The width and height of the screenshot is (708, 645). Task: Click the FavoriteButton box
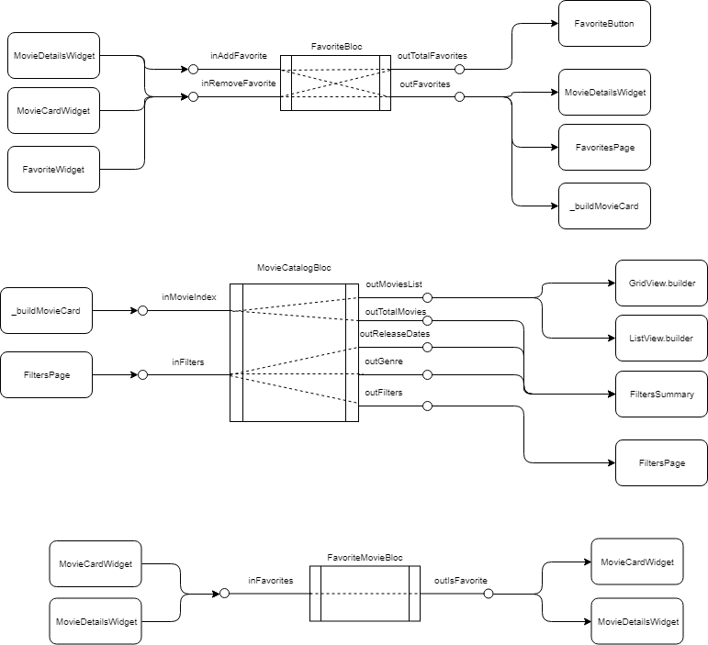603,24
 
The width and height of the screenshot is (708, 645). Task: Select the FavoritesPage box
603,147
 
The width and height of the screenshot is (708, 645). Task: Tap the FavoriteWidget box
53,169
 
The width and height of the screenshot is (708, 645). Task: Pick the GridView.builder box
661,284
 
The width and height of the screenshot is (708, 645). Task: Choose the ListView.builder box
661,339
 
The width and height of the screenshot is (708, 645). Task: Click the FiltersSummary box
661,395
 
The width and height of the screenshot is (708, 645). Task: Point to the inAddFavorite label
238,57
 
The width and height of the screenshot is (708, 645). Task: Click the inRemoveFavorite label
238,84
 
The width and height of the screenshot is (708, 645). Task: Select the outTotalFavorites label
432,57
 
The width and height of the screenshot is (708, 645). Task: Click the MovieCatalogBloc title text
294,268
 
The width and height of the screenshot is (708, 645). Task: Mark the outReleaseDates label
395,334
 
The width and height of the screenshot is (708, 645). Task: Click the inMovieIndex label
189,297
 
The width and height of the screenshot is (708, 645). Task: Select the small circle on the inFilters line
142,374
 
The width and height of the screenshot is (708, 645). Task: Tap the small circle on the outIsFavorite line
489,594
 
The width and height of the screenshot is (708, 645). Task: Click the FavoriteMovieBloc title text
365,557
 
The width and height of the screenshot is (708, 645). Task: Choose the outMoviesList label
393,284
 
